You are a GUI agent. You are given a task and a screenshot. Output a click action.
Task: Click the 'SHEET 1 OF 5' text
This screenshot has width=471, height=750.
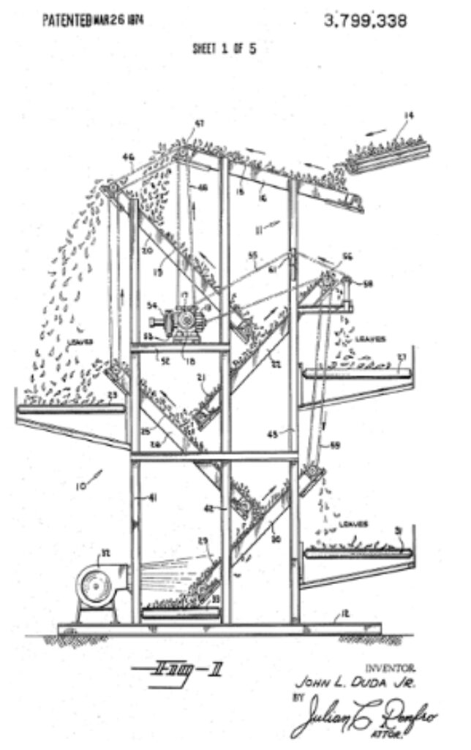click(225, 49)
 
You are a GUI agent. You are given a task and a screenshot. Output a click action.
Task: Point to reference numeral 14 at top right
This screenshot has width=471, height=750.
click(409, 115)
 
